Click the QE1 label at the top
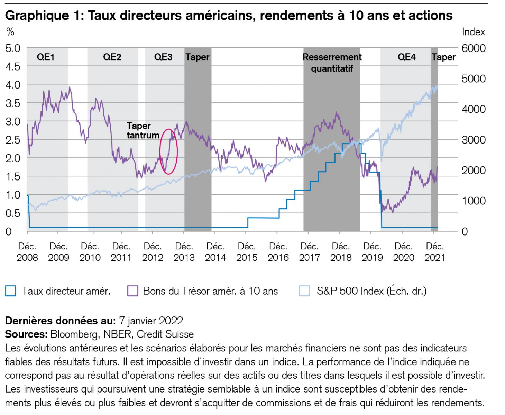coord(46,57)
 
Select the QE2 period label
coord(112,57)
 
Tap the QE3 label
coord(163,57)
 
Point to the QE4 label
coord(406,57)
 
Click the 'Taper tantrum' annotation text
coord(143,131)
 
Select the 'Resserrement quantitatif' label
coord(332,63)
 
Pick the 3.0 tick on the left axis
coord(13,121)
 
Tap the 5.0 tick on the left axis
coord(13,48)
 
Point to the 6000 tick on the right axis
coord(474,48)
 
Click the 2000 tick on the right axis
coord(474,170)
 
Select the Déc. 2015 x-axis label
coord(247,252)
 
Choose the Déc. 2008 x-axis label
coord(27,252)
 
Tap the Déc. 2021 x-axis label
coord(435,252)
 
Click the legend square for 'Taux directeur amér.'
coord(11,291)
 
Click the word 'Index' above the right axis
coord(473,32)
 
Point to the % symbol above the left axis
coord(10,32)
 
